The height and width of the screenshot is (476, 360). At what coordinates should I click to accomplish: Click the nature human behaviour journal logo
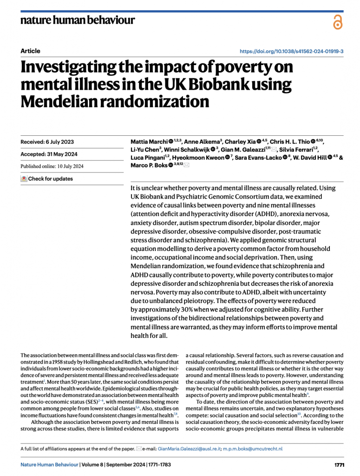tap(78, 20)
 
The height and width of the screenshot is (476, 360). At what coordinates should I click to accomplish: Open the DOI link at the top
tap(291, 51)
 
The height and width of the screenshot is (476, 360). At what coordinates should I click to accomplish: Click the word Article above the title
tap(31, 51)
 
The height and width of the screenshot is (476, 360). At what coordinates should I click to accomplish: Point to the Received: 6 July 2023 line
tap(47, 142)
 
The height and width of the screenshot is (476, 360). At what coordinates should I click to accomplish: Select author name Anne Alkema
tap(200, 141)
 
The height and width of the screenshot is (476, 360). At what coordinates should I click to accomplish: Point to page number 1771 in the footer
tap(339, 464)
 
